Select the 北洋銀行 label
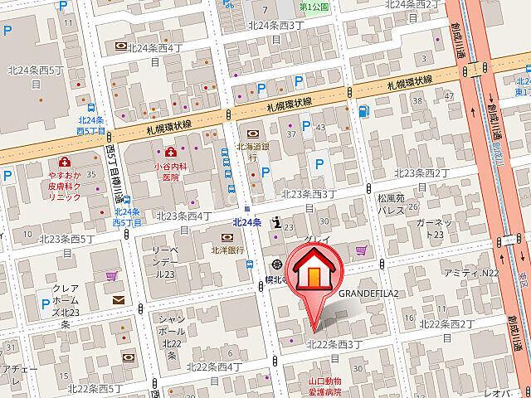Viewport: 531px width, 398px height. pyautogui.click(x=227, y=250)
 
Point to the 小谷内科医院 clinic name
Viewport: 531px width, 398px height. pyautogui.click(x=170, y=171)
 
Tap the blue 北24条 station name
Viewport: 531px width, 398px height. pyautogui.click(x=246, y=221)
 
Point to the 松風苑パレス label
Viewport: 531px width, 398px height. pyautogui.click(x=390, y=204)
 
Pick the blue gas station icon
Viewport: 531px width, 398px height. pyautogui.click(x=363, y=111)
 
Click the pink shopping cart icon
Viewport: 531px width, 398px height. pyautogui.click(x=360, y=250)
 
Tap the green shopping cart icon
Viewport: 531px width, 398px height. pyautogui.click(x=111, y=274)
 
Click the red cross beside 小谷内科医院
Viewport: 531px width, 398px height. pyautogui.click(x=171, y=152)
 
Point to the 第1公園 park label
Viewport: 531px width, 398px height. pyautogui.click(x=314, y=7)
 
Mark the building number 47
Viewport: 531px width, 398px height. pyautogui.click(x=450, y=96)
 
